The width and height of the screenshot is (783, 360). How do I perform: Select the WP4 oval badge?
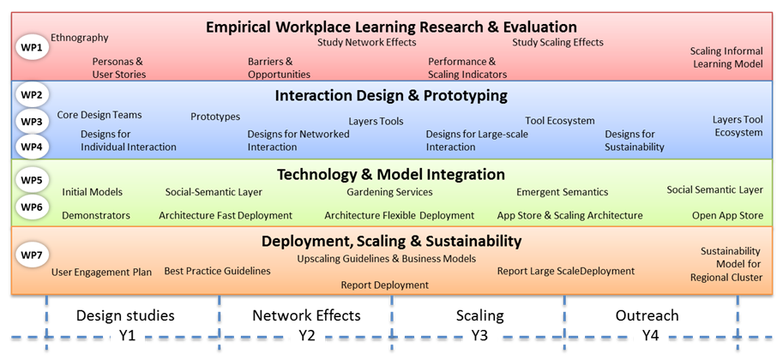33,147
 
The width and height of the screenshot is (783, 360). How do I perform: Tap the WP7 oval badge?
33,255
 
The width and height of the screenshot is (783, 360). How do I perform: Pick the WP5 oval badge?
33,180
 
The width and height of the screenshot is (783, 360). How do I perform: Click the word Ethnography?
80,38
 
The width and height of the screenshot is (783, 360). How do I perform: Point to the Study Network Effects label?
366,43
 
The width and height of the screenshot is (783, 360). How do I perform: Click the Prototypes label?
215,117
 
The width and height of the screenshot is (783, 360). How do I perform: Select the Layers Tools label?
376,122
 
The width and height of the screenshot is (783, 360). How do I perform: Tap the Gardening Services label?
389,192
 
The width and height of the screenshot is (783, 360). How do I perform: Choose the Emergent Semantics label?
563,192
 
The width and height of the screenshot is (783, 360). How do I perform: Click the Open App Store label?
727,216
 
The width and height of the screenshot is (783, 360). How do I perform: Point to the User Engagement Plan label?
101,273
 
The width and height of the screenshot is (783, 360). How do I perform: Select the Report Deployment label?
384,285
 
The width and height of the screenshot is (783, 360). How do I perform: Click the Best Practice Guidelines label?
217,271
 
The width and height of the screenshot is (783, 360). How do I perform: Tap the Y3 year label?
479,336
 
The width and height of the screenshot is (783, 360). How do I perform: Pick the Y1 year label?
127,336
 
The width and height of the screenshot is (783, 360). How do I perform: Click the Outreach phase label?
647,315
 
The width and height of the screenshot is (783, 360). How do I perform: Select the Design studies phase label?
125,315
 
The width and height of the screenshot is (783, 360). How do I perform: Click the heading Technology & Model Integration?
391,174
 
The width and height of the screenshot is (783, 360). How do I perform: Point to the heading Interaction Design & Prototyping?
391,95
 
